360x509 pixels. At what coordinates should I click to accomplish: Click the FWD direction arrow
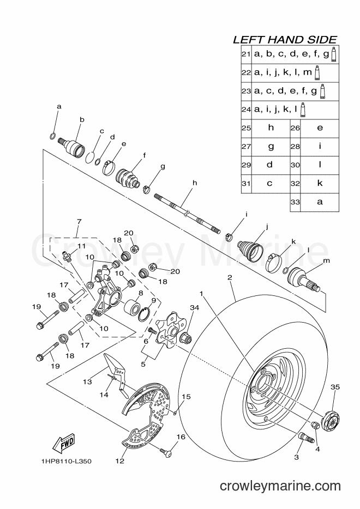64,443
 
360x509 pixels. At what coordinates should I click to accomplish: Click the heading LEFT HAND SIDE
285,40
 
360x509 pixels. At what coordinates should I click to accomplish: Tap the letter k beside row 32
320,183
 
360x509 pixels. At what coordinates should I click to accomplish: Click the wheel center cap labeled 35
331,421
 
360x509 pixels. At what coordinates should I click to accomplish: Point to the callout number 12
120,460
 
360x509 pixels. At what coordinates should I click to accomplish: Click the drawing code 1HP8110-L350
66,461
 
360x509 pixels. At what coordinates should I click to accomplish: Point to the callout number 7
79,222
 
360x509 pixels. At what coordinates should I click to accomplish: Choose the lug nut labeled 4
315,425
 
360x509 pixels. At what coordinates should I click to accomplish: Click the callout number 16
181,437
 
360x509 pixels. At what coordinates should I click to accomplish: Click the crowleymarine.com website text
280,486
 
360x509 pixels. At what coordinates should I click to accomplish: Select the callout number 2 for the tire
230,277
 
